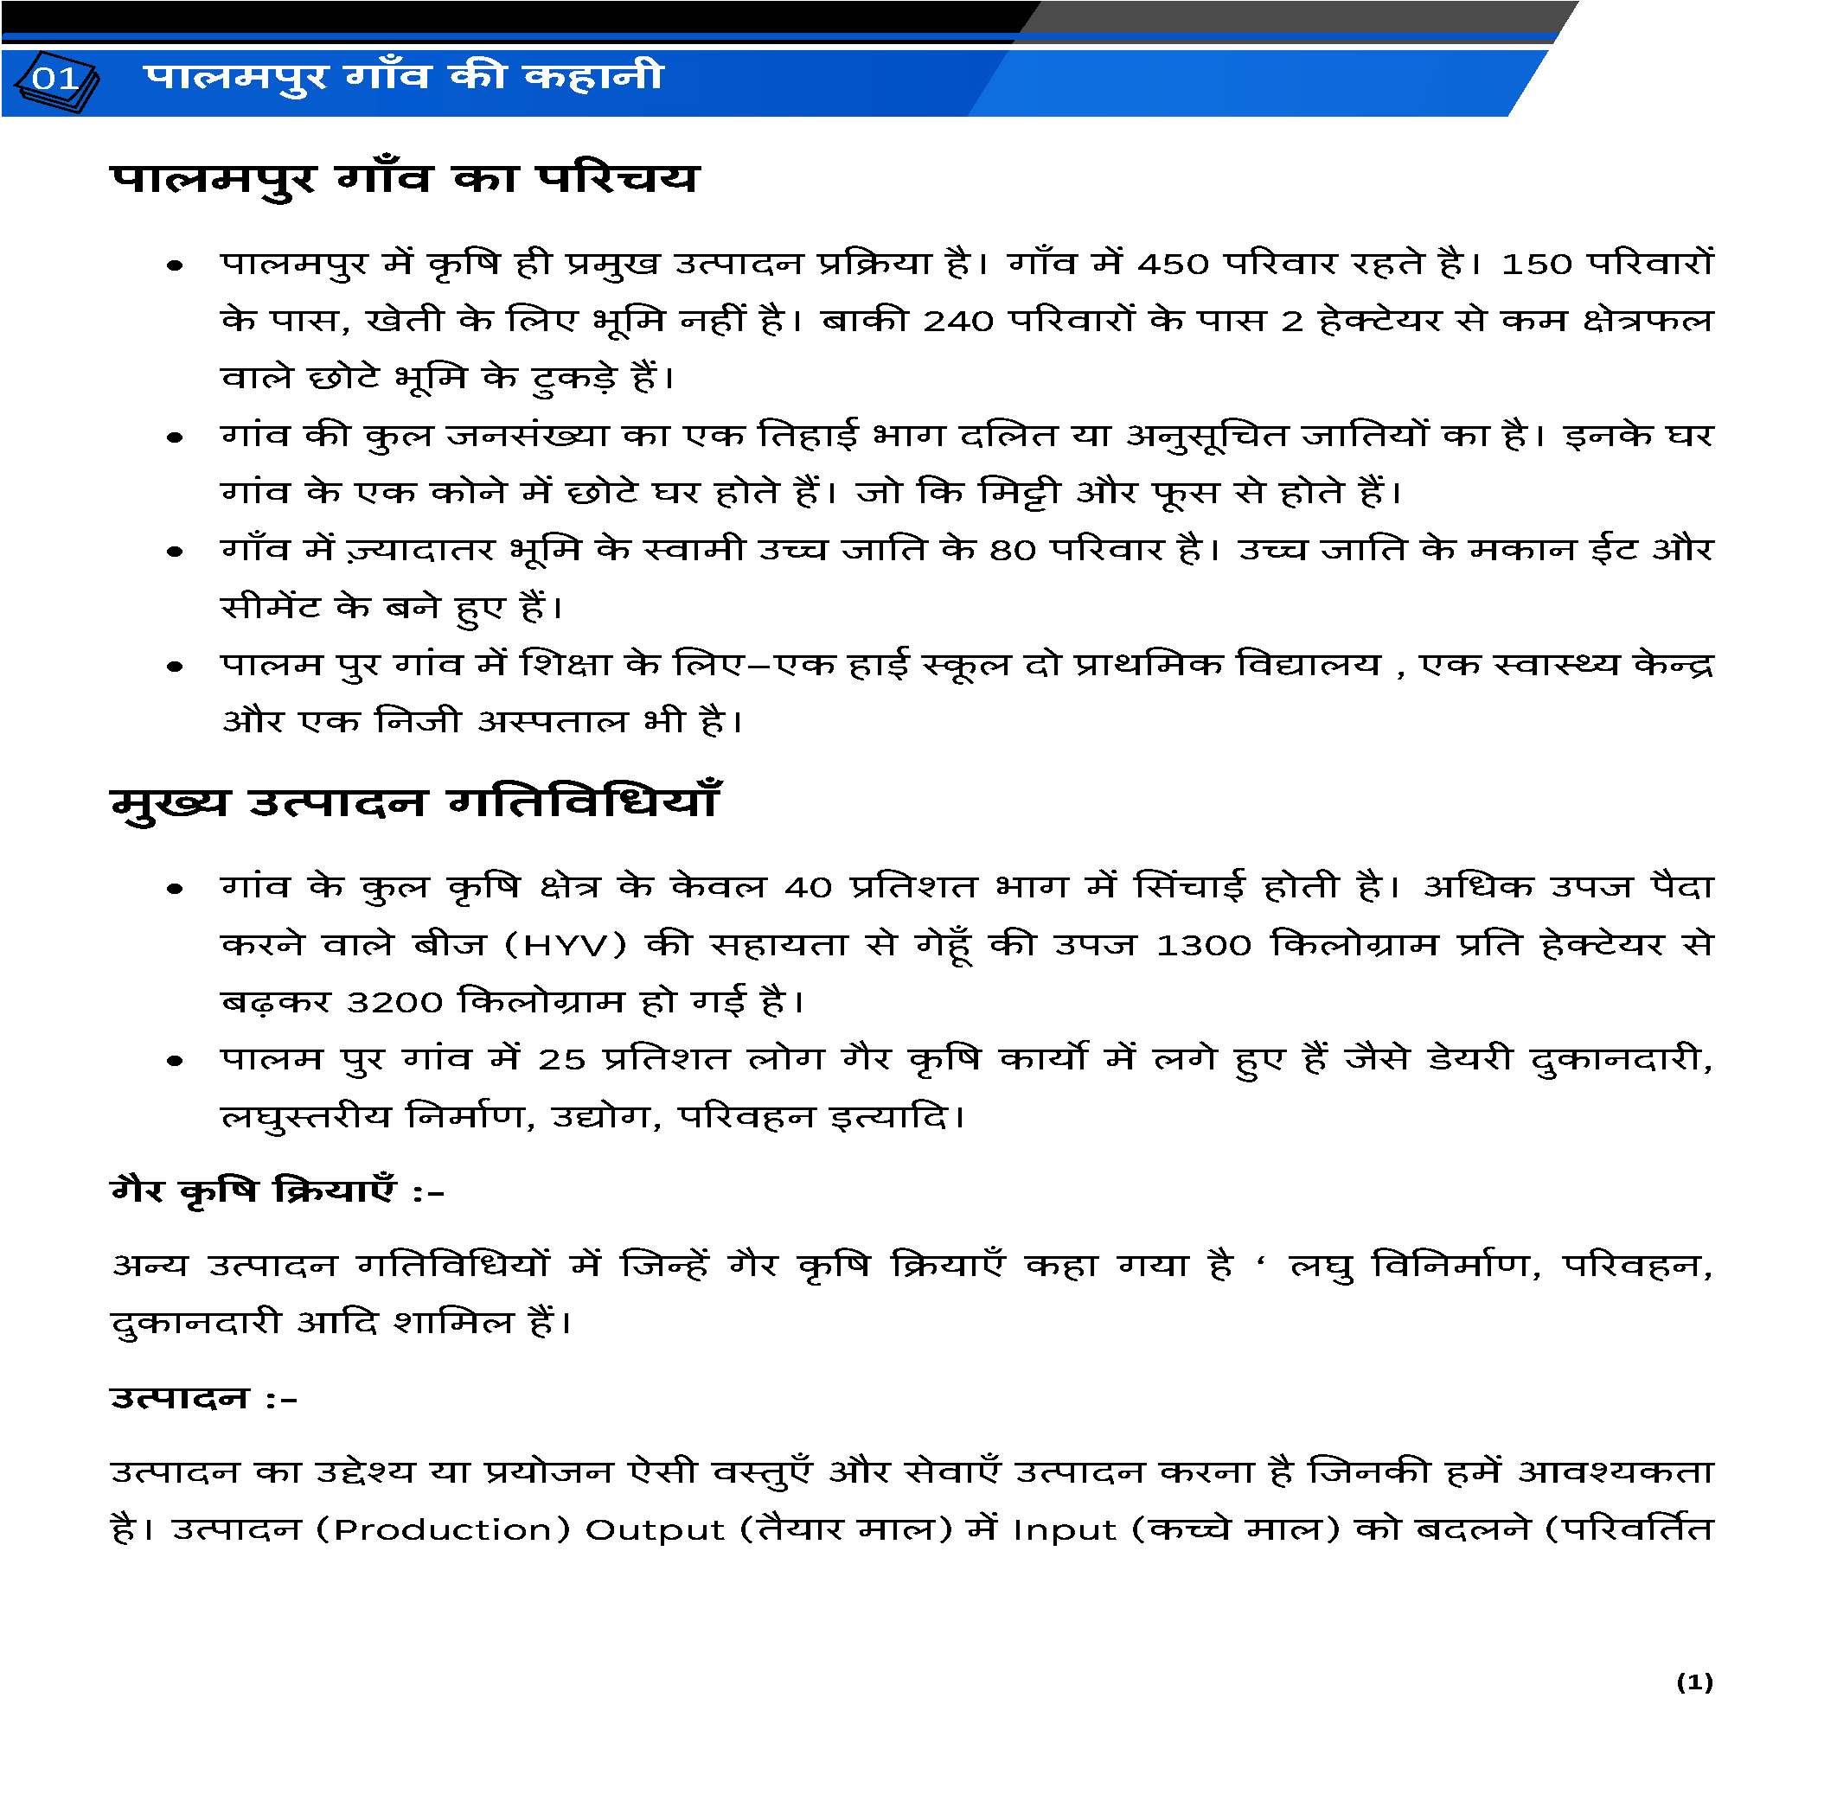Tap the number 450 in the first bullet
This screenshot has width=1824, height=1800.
[1172, 265]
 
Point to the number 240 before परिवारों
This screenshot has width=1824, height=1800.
[957, 322]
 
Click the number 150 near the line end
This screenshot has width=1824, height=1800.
[1535, 265]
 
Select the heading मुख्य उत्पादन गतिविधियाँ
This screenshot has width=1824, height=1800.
[414, 803]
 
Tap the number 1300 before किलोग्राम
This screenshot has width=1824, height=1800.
[1204, 946]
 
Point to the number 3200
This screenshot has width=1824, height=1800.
[394, 1002]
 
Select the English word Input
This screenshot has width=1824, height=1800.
[1064, 1530]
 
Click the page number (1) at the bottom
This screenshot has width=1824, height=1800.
[1693, 1682]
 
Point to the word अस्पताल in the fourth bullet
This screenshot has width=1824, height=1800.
[553, 723]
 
